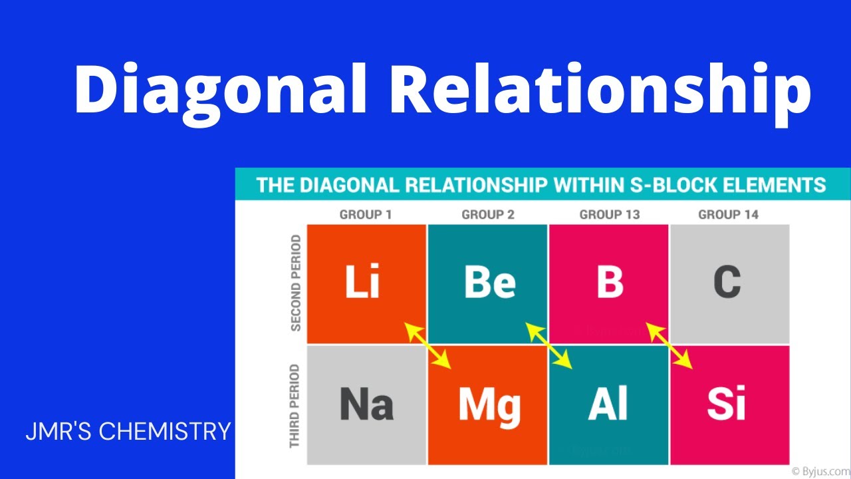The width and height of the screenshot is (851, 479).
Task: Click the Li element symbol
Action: coord(363,282)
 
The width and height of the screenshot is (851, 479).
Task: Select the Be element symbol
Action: coord(489,282)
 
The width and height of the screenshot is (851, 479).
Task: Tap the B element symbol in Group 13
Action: coord(610,282)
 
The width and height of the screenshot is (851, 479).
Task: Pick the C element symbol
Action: coord(727,282)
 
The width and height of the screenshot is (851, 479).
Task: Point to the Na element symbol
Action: coord(366,404)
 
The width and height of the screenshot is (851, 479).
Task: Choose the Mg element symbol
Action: coord(490,404)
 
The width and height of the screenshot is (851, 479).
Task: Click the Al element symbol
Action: coord(608,404)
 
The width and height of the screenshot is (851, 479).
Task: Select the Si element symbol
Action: coord(727,404)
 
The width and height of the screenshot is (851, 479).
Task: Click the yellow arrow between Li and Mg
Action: coord(429,346)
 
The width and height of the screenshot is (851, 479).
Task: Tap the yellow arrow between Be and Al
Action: coord(549,346)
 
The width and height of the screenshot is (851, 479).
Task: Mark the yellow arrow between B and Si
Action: coord(670,346)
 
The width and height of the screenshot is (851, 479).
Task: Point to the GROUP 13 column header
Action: coord(610,215)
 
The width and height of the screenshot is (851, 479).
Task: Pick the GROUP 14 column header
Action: coord(728,215)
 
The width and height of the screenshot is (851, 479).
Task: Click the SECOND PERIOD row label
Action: coord(296,283)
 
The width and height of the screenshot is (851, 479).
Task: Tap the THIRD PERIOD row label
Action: coord(295,406)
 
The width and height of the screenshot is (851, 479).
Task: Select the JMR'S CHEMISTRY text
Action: coord(128,432)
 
